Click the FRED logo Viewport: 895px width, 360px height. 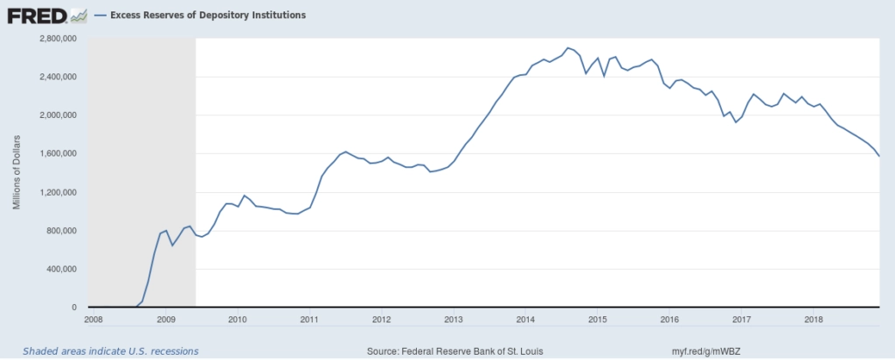(37, 15)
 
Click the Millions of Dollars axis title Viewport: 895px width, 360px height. (17, 173)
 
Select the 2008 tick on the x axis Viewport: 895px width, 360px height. (94, 319)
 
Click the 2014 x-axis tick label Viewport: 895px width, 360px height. (525, 319)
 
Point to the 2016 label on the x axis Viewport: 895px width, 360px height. (670, 319)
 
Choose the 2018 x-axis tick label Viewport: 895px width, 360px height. (813, 319)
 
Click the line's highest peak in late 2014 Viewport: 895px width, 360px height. (568, 47)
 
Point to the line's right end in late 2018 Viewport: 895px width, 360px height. (879, 156)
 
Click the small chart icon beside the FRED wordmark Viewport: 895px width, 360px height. (79, 15)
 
